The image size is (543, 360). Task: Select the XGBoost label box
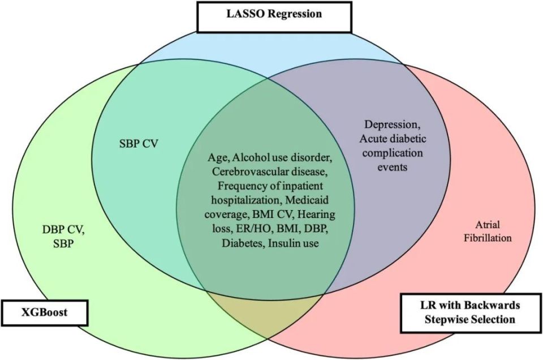(x=44, y=312)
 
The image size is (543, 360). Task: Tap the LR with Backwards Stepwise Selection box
(x=471, y=312)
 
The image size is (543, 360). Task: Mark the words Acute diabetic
(x=395, y=139)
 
